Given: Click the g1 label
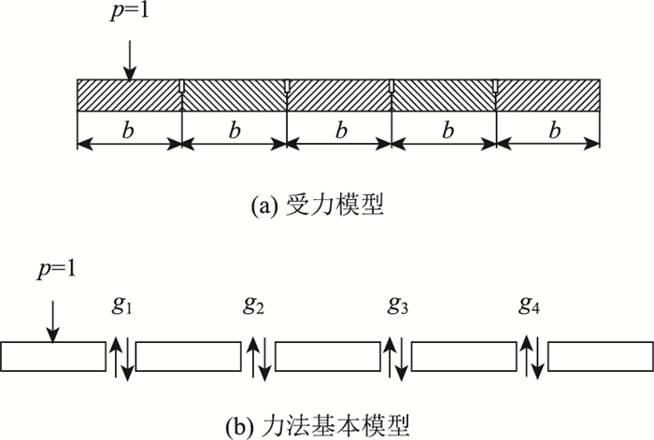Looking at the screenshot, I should point(120,305).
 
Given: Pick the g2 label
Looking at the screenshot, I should point(254,305).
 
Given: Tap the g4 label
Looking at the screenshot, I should point(531,305).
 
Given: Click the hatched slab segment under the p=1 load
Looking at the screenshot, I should point(128,96).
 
